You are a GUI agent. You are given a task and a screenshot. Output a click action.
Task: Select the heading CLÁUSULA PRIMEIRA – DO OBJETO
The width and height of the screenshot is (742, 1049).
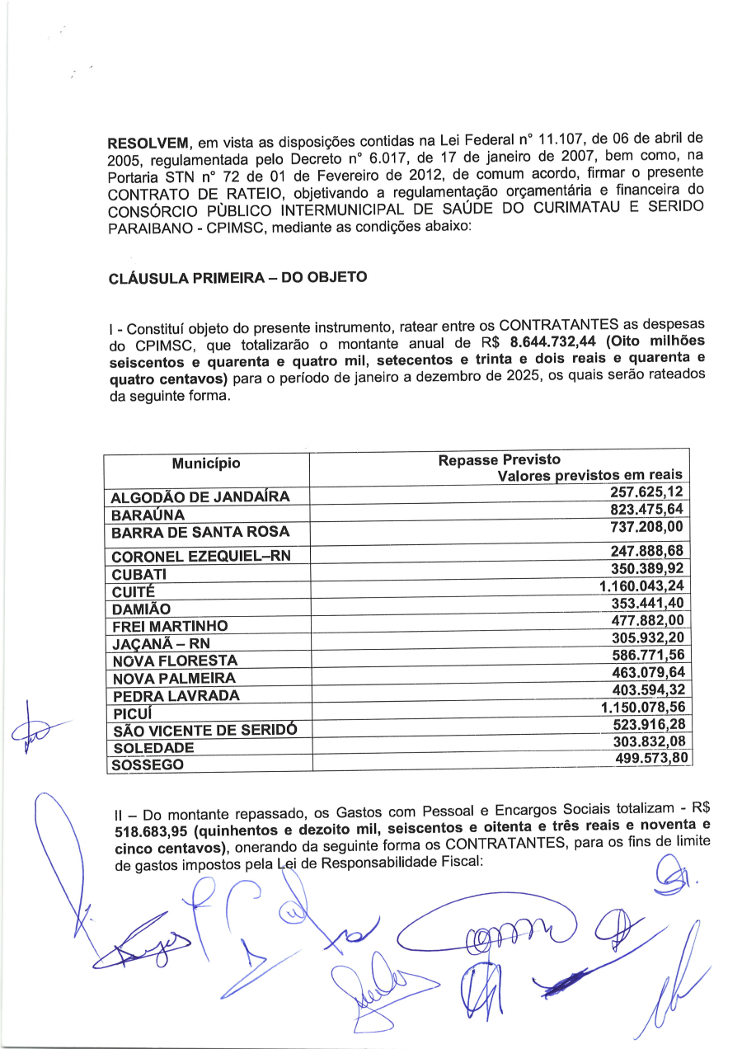click(x=237, y=278)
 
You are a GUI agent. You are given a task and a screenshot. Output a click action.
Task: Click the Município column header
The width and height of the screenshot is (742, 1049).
click(x=206, y=463)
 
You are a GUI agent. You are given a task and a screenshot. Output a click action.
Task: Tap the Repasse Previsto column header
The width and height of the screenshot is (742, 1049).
click(x=500, y=460)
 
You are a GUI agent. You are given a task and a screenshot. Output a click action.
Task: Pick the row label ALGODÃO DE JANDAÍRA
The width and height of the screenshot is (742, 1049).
click(x=200, y=496)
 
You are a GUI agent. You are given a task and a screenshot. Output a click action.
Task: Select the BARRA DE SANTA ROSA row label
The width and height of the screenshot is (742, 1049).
click(x=200, y=532)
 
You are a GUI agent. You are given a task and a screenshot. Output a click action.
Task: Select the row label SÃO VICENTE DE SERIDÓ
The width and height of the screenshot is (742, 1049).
click(x=203, y=731)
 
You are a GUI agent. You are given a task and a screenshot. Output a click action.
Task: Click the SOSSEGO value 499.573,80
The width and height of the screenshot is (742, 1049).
click(x=646, y=760)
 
